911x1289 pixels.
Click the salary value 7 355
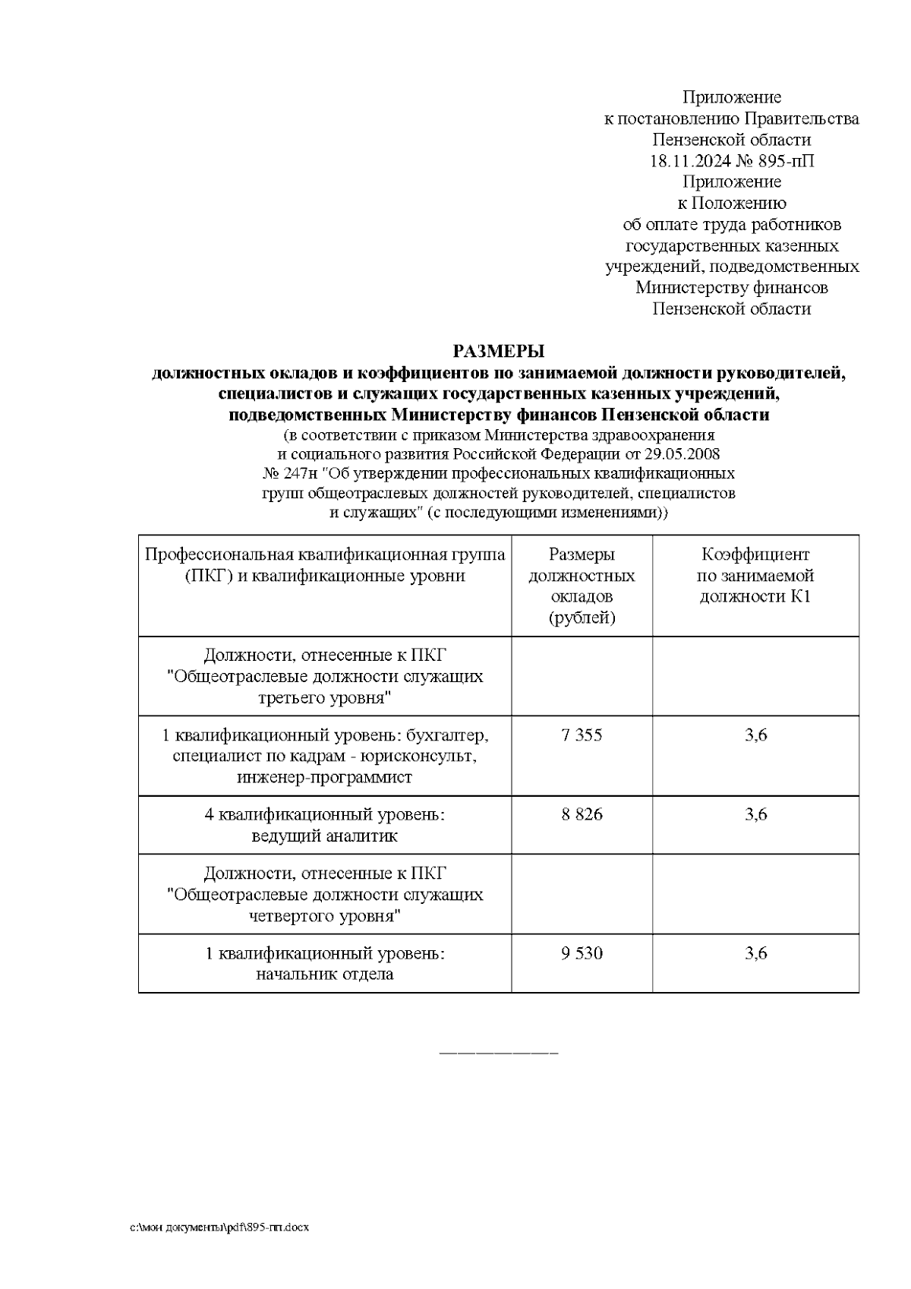click(x=582, y=735)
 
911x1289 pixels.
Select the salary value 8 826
click(x=582, y=814)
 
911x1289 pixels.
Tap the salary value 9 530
click(x=582, y=953)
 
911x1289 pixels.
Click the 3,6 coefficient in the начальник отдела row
click(x=755, y=953)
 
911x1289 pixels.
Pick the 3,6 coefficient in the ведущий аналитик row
click(x=755, y=814)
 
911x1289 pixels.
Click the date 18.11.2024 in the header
click(x=689, y=161)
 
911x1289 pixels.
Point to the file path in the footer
click(x=219, y=1228)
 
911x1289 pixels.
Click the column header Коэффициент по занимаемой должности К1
click(x=755, y=576)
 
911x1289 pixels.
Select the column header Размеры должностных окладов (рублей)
click(x=582, y=586)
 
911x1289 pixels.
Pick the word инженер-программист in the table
click(x=324, y=778)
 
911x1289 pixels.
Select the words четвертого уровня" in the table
click(x=324, y=916)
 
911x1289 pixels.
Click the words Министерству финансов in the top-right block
click(x=731, y=288)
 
